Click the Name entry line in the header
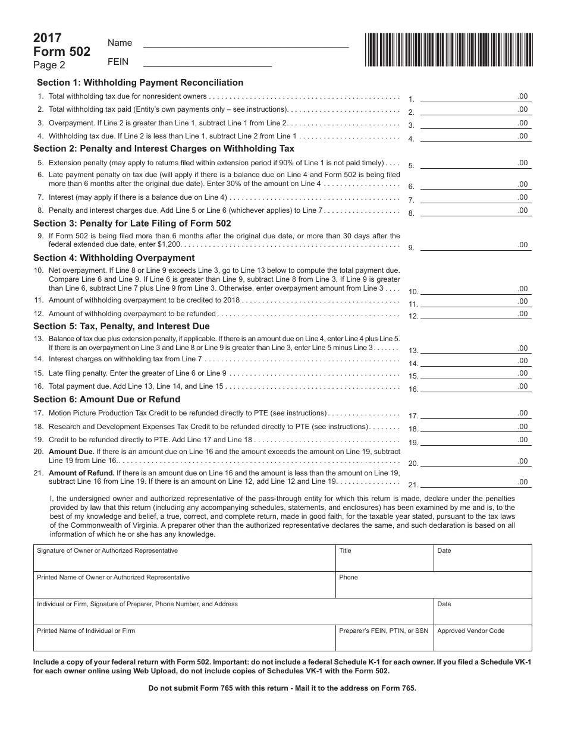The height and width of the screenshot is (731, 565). (x=246, y=42)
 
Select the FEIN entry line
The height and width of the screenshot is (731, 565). (x=208, y=61)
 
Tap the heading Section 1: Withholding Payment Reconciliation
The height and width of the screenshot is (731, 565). (x=140, y=83)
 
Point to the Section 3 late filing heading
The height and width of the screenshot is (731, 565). (x=132, y=223)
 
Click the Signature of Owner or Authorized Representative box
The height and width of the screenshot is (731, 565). (x=184, y=558)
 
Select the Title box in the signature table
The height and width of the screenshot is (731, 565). (x=384, y=558)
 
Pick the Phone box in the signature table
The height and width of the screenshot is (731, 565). (x=434, y=585)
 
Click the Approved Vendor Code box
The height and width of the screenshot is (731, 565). (x=482, y=638)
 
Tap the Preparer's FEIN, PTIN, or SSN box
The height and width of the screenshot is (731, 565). (x=384, y=638)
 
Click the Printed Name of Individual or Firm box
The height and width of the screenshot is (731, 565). (x=184, y=638)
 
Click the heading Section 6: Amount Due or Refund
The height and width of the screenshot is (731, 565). (x=106, y=399)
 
